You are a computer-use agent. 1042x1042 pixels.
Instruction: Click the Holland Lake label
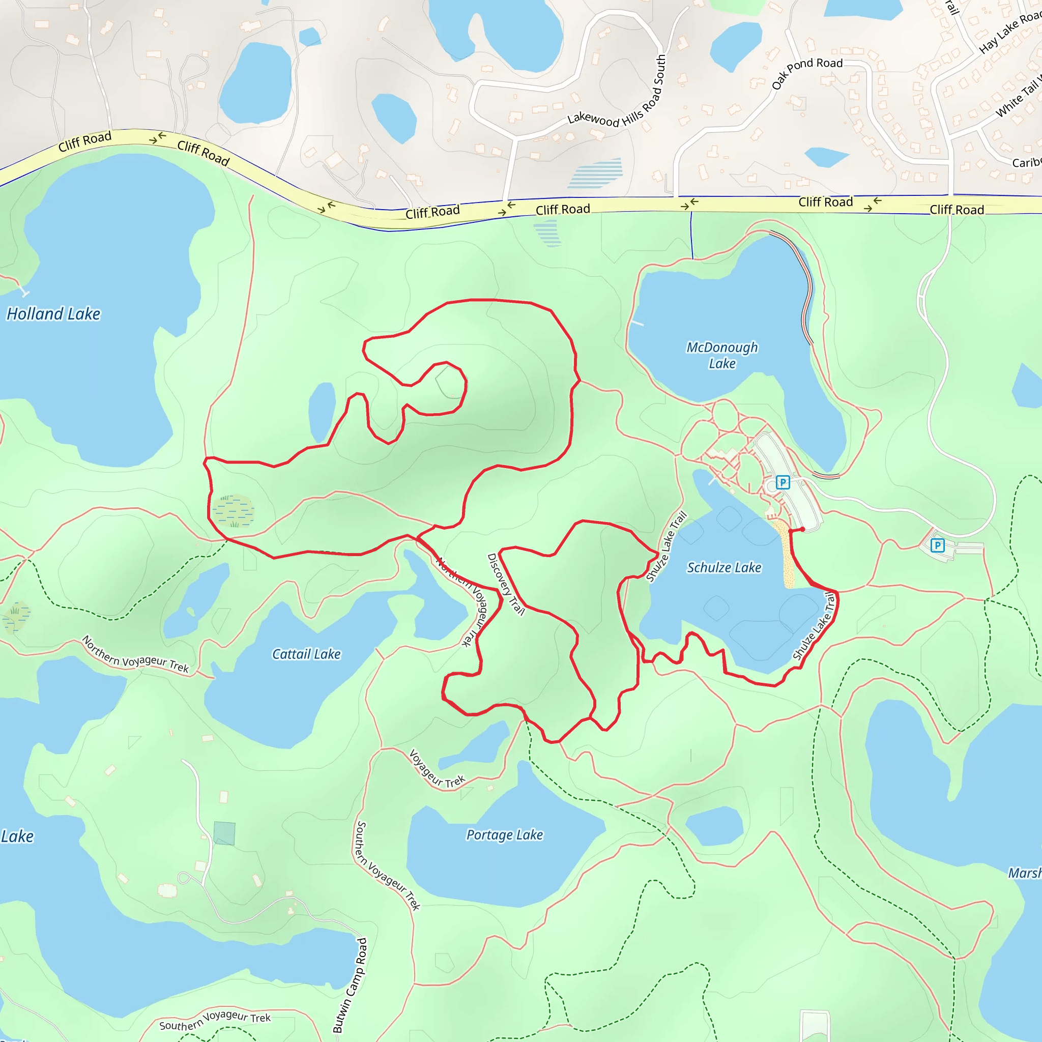(53, 314)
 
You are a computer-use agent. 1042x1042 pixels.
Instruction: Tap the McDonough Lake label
(721, 355)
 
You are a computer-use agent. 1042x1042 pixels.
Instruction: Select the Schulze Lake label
(724, 567)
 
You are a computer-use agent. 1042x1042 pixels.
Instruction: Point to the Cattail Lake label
(306, 654)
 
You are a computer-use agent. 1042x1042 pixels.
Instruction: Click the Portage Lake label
(504, 835)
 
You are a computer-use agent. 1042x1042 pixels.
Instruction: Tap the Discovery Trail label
(505, 584)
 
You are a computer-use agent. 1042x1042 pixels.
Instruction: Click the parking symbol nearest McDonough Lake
(783, 482)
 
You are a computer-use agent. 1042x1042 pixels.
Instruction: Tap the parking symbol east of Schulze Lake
(937, 545)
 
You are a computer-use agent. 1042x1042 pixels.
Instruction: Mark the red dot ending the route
(802, 529)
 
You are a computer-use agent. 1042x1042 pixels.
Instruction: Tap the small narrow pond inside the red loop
(322, 413)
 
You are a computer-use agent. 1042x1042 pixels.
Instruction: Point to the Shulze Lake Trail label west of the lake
(667, 546)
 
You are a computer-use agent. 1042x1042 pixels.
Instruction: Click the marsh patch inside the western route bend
(233, 510)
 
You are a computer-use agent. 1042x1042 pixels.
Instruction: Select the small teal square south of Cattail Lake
(224, 833)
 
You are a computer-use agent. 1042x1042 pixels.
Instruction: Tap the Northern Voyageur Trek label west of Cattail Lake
(135, 654)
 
